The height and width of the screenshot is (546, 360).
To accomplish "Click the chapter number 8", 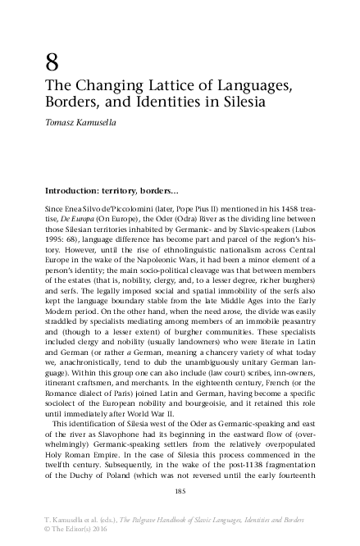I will [53, 62].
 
